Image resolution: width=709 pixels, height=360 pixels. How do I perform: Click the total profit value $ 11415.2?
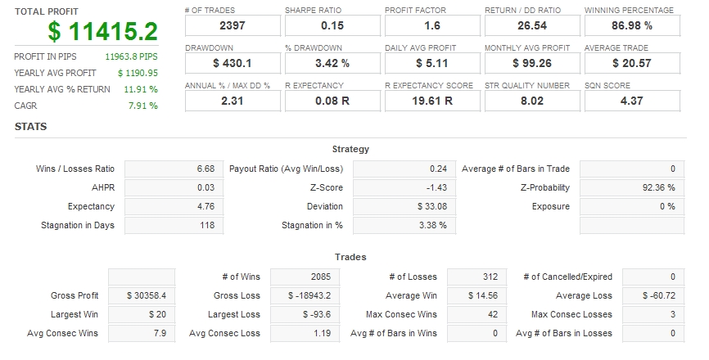point(102,32)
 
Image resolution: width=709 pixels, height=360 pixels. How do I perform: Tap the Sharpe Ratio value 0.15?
point(332,26)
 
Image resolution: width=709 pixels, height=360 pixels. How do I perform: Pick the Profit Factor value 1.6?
point(431,26)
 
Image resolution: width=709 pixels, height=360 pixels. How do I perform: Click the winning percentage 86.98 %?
point(630,26)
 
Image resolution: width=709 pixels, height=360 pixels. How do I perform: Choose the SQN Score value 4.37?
point(630,101)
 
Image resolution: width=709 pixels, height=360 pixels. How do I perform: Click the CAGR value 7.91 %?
point(143,106)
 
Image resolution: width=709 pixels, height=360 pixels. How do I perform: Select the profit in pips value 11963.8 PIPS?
point(131,57)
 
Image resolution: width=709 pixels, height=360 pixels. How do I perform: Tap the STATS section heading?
point(30,127)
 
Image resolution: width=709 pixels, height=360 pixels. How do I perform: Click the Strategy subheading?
point(350,149)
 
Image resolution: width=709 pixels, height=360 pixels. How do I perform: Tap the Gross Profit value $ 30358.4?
point(142,295)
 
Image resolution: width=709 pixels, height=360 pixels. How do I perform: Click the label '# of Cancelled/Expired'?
point(567,277)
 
